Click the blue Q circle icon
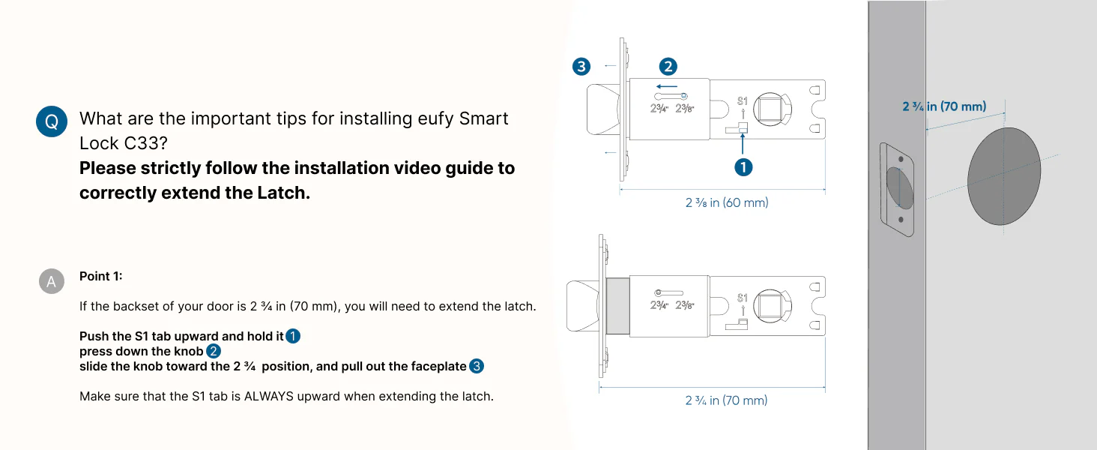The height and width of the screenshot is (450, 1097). point(52,121)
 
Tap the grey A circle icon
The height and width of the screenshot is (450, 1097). point(52,281)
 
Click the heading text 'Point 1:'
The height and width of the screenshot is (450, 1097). point(101,276)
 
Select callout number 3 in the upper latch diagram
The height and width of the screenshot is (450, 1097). point(581,66)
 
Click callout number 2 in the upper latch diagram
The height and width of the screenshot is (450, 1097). point(668,66)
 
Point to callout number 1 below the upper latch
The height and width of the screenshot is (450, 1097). point(743,168)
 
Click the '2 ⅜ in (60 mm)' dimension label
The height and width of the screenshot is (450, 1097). point(727,202)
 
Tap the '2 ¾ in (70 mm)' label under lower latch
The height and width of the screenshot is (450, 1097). point(726,400)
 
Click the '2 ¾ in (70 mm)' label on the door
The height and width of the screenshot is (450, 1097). point(944,106)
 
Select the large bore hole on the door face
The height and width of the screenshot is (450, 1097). point(1004,176)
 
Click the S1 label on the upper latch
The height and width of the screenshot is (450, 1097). point(743,101)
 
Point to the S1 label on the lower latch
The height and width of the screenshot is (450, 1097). point(743,298)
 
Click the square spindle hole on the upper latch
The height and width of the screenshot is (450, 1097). point(770,109)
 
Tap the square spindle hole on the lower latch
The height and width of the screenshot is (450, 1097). point(770,305)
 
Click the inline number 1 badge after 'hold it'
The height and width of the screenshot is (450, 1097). point(293,336)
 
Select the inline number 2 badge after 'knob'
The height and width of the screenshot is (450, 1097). point(214,352)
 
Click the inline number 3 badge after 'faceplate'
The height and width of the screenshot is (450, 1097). point(477,366)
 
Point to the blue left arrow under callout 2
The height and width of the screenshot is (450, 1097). point(667,86)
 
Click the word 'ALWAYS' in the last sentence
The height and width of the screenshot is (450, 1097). point(269,396)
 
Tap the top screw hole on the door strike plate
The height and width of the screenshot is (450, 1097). point(901,159)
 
